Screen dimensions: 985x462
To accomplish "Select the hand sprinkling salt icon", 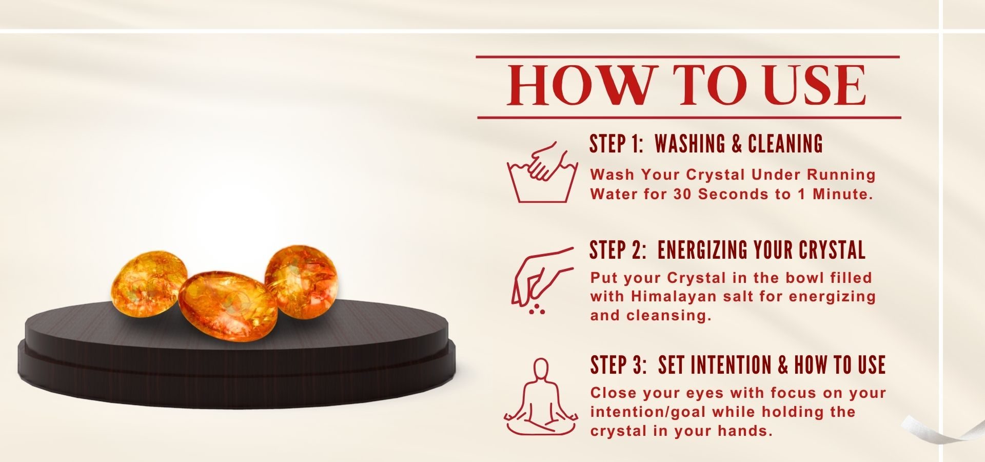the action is [x=542, y=280].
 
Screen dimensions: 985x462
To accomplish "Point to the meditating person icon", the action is [x=541, y=397].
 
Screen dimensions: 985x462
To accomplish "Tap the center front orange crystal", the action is [x=228, y=306].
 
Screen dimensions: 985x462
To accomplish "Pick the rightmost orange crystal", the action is [x=301, y=281].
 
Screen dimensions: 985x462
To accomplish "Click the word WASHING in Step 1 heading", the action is [x=691, y=144].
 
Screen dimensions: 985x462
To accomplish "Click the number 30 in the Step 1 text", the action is [x=683, y=194].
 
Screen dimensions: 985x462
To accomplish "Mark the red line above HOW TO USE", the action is [x=688, y=57].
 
